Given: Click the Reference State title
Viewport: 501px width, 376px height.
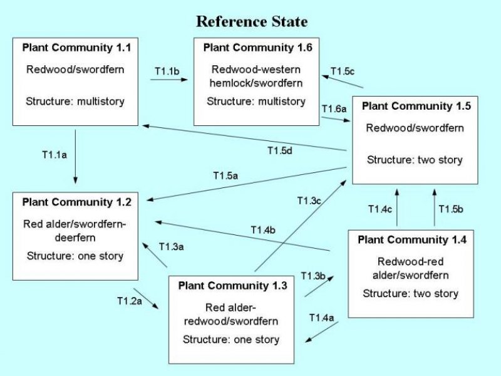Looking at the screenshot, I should click(x=252, y=22).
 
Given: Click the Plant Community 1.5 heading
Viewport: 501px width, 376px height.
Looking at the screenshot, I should click(x=415, y=106).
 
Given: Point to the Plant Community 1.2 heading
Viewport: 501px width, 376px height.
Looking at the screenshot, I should click(x=76, y=202).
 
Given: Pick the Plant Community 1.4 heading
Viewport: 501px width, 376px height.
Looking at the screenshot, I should click(x=411, y=239).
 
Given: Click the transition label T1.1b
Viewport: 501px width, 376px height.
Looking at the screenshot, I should click(x=166, y=71).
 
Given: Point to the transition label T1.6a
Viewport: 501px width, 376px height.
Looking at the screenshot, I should click(x=334, y=108).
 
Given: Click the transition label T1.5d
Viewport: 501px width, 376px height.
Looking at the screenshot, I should click(x=280, y=150).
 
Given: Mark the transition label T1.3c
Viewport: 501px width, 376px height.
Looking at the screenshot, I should click(x=309, y=200).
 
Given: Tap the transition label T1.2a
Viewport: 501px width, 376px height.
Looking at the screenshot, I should click(x=130, y=301).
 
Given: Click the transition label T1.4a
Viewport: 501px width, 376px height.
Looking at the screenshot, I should click(x=322, y=318).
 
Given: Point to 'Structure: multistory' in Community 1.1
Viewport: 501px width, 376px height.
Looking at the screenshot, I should click(x=75, y=101).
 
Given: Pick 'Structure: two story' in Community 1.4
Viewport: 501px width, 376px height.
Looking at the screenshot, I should click(x=411, y=293).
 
